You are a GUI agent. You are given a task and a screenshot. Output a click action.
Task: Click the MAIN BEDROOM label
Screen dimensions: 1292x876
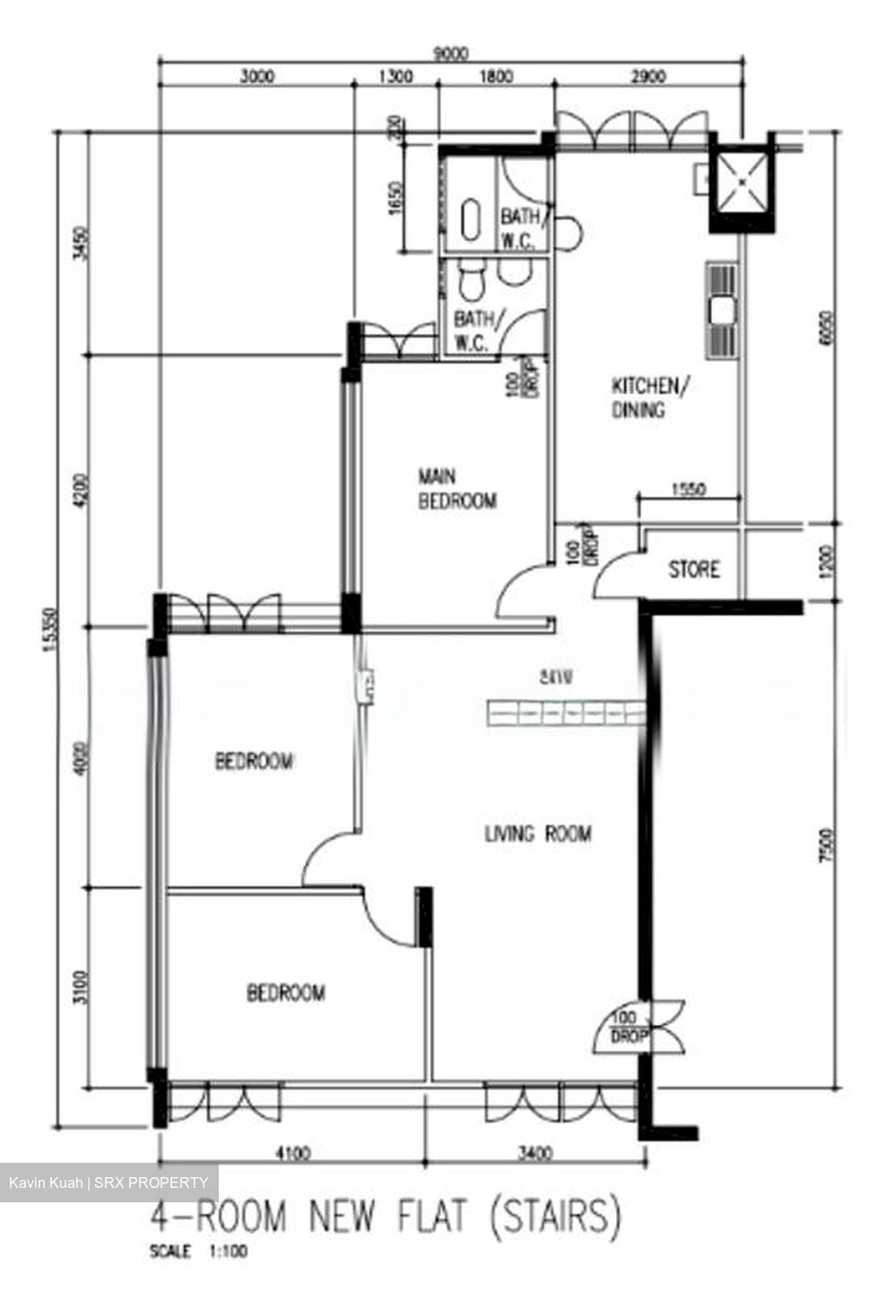[456, 488]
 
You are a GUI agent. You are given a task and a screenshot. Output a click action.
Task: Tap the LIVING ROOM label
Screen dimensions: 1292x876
[538, 834]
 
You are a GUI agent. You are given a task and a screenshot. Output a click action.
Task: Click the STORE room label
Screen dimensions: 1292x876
[694, 570]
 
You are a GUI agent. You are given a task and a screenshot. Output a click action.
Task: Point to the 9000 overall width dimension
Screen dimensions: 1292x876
[450, 54]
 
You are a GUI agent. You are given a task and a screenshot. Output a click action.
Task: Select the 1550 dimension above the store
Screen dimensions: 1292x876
[689, 490]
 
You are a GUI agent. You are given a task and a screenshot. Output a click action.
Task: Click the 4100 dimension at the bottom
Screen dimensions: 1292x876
[293, 1153]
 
